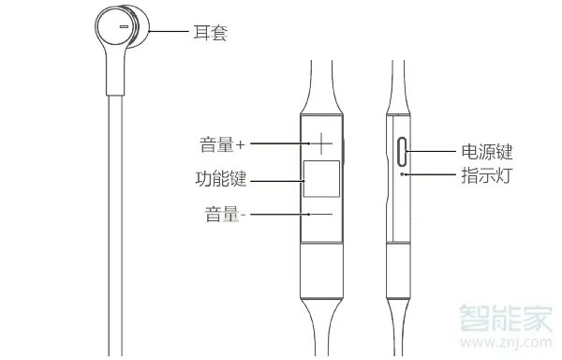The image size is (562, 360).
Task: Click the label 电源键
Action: (486, 152)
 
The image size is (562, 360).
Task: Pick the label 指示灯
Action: (486, 175)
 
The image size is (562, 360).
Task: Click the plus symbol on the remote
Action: (320, 143)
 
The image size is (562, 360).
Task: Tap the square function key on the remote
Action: (319, 179)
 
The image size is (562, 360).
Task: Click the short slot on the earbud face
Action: (123, 29)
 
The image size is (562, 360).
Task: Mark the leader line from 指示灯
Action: (431, 174)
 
